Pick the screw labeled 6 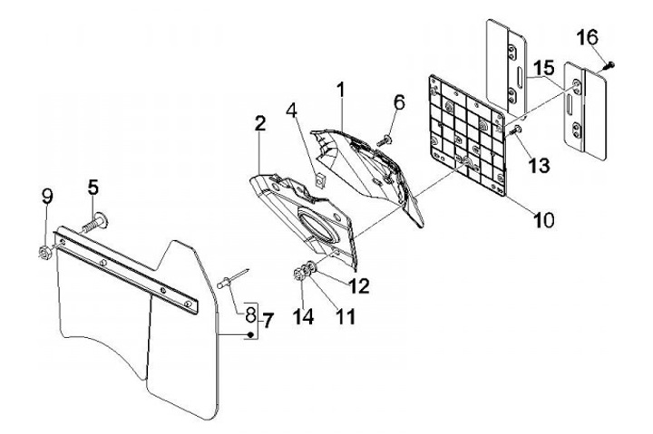point(385,138)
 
